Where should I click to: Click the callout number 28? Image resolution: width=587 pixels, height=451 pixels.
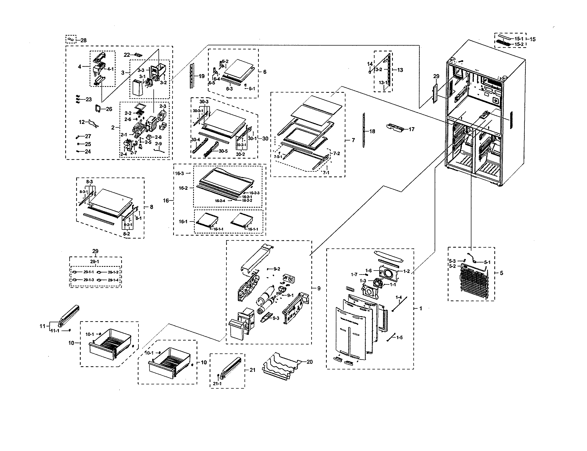(83, 41)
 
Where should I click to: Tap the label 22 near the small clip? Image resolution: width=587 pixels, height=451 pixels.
(127, 55)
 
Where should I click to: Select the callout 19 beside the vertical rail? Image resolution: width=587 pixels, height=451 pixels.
(201, 76)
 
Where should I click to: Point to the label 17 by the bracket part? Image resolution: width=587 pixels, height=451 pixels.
(411, 129)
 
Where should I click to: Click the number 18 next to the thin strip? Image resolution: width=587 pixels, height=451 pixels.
(372, 131)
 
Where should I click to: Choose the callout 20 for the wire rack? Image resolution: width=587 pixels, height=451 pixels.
(309, 362)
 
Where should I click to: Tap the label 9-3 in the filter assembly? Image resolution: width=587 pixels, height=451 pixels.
(276, 318)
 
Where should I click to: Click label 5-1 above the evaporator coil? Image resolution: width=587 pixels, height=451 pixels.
(487, 262)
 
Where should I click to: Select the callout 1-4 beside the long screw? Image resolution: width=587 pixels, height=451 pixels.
(399, 297)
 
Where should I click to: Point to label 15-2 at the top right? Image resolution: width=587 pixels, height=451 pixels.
(519, 44)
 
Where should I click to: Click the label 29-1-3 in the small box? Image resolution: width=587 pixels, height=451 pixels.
(88, 280)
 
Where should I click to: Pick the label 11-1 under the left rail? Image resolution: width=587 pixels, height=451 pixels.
(55, 331)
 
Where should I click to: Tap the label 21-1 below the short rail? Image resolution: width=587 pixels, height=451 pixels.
(217, 384)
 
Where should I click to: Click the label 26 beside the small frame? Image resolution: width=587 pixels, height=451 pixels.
(109, 109)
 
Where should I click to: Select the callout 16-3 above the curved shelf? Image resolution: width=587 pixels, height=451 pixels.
(180, 174)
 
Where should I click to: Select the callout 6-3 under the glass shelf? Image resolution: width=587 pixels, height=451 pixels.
(229, 89)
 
